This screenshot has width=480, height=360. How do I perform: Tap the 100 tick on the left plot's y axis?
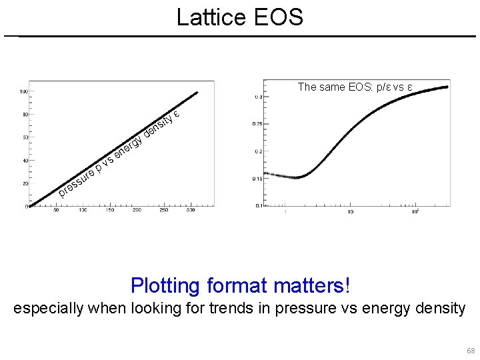(23, 91)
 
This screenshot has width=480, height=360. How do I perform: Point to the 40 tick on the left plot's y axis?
(23, 161)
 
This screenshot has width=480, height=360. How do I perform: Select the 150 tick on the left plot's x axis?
(109, 211)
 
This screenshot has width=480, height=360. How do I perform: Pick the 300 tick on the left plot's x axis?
(190, 211)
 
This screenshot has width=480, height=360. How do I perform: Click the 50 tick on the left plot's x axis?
(56, 211)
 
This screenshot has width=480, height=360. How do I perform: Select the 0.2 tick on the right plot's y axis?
(259, 151)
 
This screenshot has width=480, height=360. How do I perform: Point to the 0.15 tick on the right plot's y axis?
(257, 179)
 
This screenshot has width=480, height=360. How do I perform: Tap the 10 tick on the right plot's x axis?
(351, 212)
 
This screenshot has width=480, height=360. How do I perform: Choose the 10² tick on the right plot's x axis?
(415, 211)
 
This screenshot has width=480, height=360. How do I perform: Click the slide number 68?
(471, 351)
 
